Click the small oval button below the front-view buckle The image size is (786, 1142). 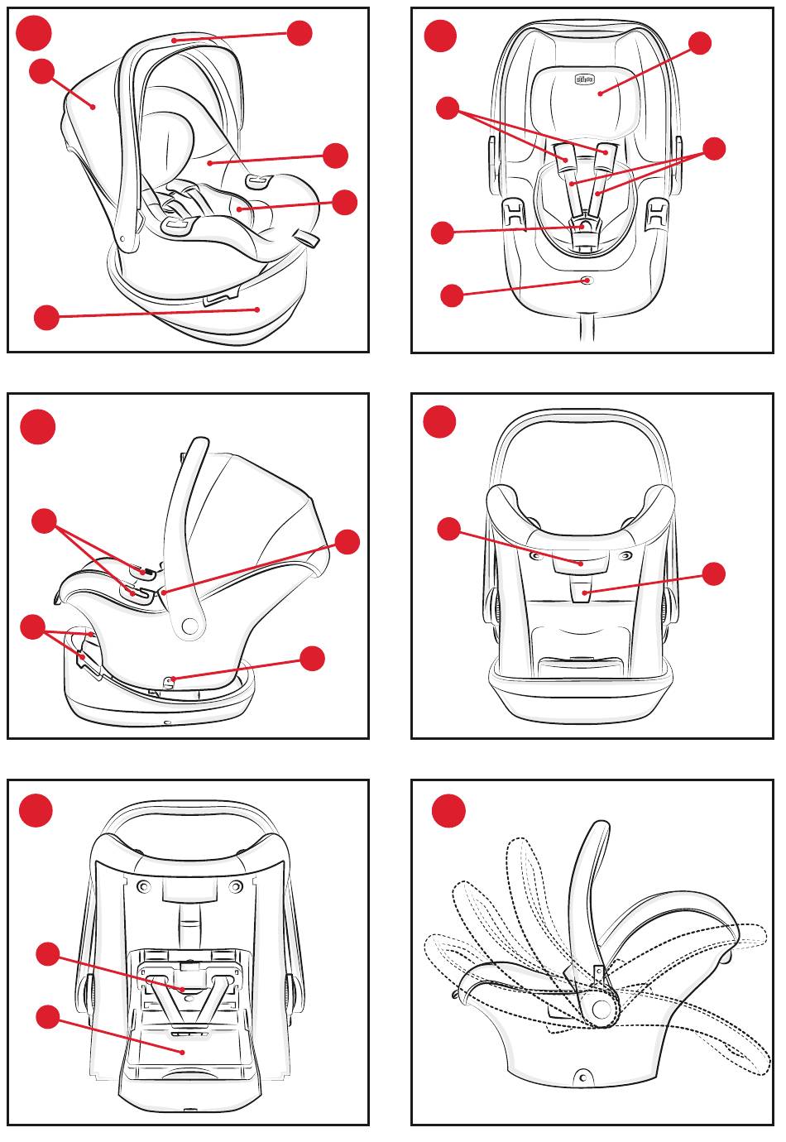(587, 281)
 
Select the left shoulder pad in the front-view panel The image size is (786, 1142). (565, 154)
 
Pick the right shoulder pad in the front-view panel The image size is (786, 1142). (608, 151)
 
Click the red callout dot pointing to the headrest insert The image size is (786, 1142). (700, 43)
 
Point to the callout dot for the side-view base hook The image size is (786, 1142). (313, 659)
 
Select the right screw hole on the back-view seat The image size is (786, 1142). (626, 555)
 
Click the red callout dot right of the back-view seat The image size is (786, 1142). (713, 573)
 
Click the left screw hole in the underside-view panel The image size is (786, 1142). (146, 887)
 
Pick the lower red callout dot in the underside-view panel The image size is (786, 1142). (48, 1017)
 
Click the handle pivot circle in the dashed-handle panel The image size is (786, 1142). (601, 1010)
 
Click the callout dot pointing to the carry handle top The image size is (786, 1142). (300, 33)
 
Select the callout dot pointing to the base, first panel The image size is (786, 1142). (47, 317)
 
